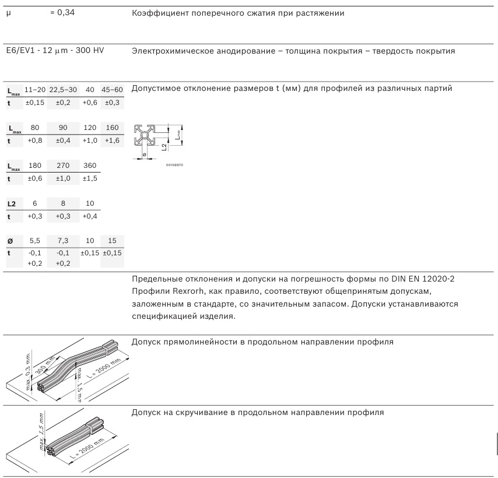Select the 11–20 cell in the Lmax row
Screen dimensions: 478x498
point(35,90)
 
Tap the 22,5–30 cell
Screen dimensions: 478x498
point(62,90)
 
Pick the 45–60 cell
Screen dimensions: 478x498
point(112,90)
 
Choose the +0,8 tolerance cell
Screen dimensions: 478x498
point(35,140)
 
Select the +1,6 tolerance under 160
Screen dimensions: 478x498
point(112,140)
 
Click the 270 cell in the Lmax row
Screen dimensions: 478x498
point(62,166)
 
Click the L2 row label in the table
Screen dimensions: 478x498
point(11,204)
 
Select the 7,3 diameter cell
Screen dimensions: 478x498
point(62,241)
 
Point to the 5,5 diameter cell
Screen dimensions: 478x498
point(35,241)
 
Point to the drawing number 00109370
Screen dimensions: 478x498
point(175,164)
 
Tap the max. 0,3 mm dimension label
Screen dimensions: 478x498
point(27,371)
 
